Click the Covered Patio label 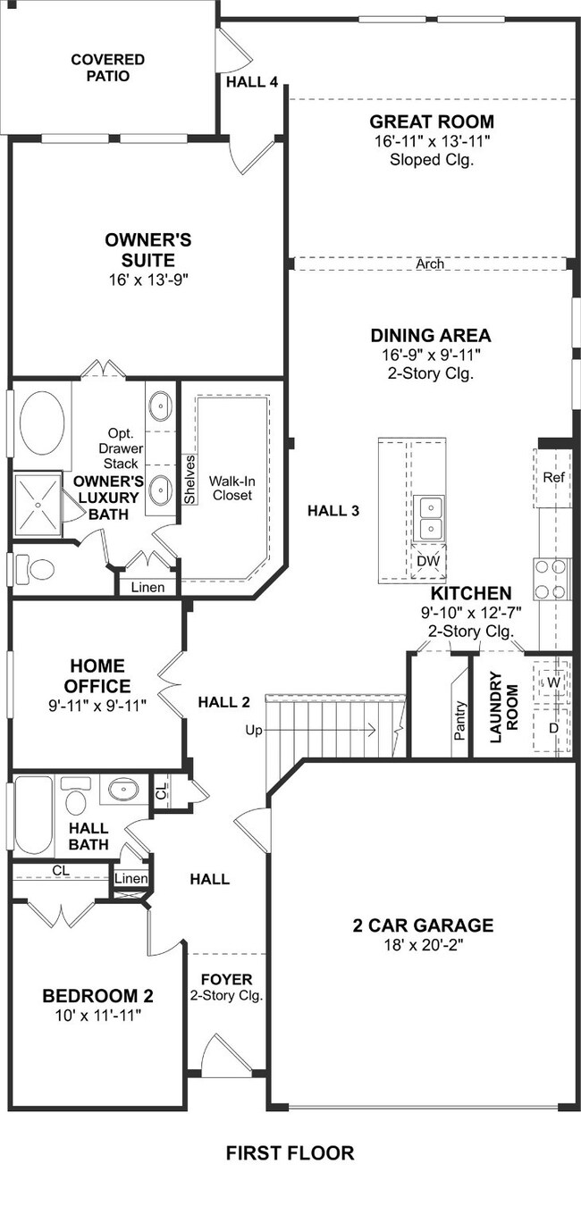[x=108, y=68]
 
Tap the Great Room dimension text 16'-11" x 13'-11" [x=432, y=141]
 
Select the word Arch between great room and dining [x=430, y=264]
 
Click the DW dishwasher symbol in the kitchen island [x=429, y=561]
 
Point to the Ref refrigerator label [x=553, y=477]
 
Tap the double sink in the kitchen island [x=430, y=518]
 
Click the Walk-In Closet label [x=232, y=489]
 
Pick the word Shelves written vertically [x=189, y=480]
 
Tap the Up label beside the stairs [x=254, y=731]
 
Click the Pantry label [x=459, y=720]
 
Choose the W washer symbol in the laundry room [x=553, y=682]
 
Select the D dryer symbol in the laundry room [x=553, y=728]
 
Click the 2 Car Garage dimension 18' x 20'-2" [x=423, y=945]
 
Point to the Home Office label [x=97, y=676]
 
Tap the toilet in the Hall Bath [x=76, y=798]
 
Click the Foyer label [x=227, y=979]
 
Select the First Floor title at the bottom [x=290, y=1152]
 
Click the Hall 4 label [x=252, y=82]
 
